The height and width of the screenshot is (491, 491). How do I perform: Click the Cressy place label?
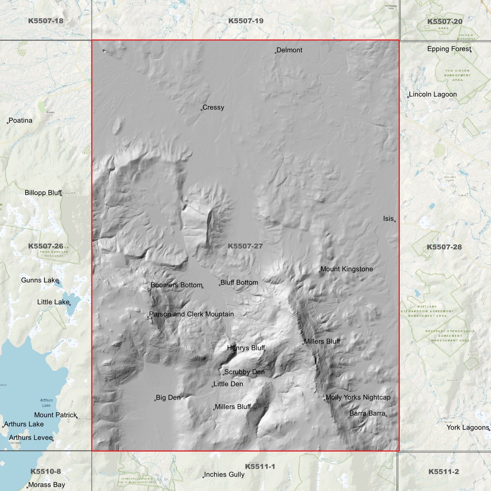[213, 107]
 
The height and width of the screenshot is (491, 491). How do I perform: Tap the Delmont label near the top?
[289, 50]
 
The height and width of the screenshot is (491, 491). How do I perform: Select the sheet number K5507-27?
[245, 246]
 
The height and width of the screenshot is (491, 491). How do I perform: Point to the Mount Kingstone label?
[347, 269]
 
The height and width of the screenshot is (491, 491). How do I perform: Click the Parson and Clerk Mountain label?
[191, 314]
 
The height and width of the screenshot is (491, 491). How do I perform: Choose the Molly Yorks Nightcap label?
[358, 397]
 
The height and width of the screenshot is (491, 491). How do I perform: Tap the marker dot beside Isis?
[395, 221]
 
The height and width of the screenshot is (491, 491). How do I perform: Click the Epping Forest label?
[449, 49]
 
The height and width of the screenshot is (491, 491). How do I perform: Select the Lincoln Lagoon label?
[433, 94]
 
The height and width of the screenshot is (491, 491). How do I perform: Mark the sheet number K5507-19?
[246, 21]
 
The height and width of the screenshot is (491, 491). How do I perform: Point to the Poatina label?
[20, 121]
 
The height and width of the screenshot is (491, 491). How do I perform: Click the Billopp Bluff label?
[43, 193]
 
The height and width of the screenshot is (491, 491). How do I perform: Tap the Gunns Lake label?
[40, 280]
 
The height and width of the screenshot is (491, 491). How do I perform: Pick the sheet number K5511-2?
[443, 472]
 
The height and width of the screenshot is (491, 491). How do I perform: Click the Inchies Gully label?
[224, 474]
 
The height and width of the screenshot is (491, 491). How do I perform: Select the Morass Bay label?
[47, 485]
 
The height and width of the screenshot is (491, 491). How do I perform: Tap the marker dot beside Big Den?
[155, 400]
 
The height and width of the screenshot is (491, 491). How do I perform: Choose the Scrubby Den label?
[244, 372]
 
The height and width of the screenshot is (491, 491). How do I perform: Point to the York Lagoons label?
[468, 427]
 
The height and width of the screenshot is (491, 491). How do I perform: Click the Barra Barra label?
[367, 414]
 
